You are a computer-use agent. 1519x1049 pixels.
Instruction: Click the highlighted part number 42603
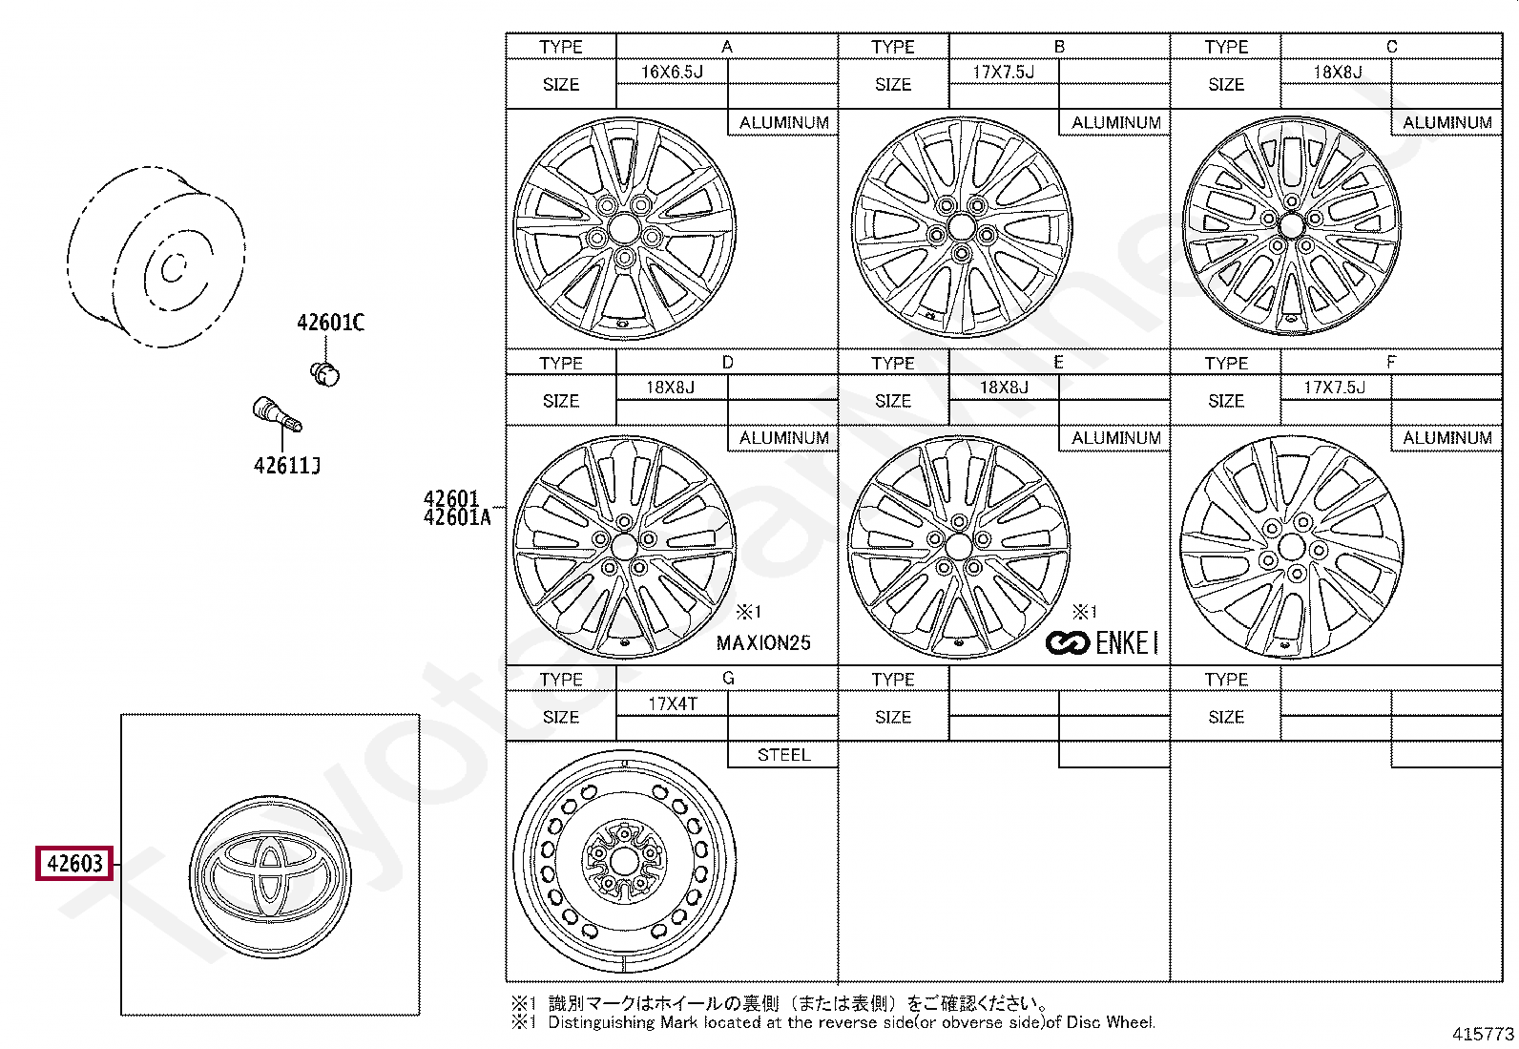point(74,863)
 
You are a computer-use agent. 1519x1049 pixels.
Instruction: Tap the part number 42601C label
point(330,323)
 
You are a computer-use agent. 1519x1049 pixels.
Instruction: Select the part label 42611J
point(287,466)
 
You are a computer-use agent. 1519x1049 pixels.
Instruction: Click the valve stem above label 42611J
point(277,413)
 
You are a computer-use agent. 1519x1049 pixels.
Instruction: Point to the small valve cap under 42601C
point(324,374)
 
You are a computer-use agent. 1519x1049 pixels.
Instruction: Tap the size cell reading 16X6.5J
point(672,72)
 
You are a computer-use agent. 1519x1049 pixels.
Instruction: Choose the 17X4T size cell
point(672,703)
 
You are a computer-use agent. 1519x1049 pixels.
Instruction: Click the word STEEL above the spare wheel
point(784,754)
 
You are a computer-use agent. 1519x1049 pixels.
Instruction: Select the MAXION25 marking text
point(763,642)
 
